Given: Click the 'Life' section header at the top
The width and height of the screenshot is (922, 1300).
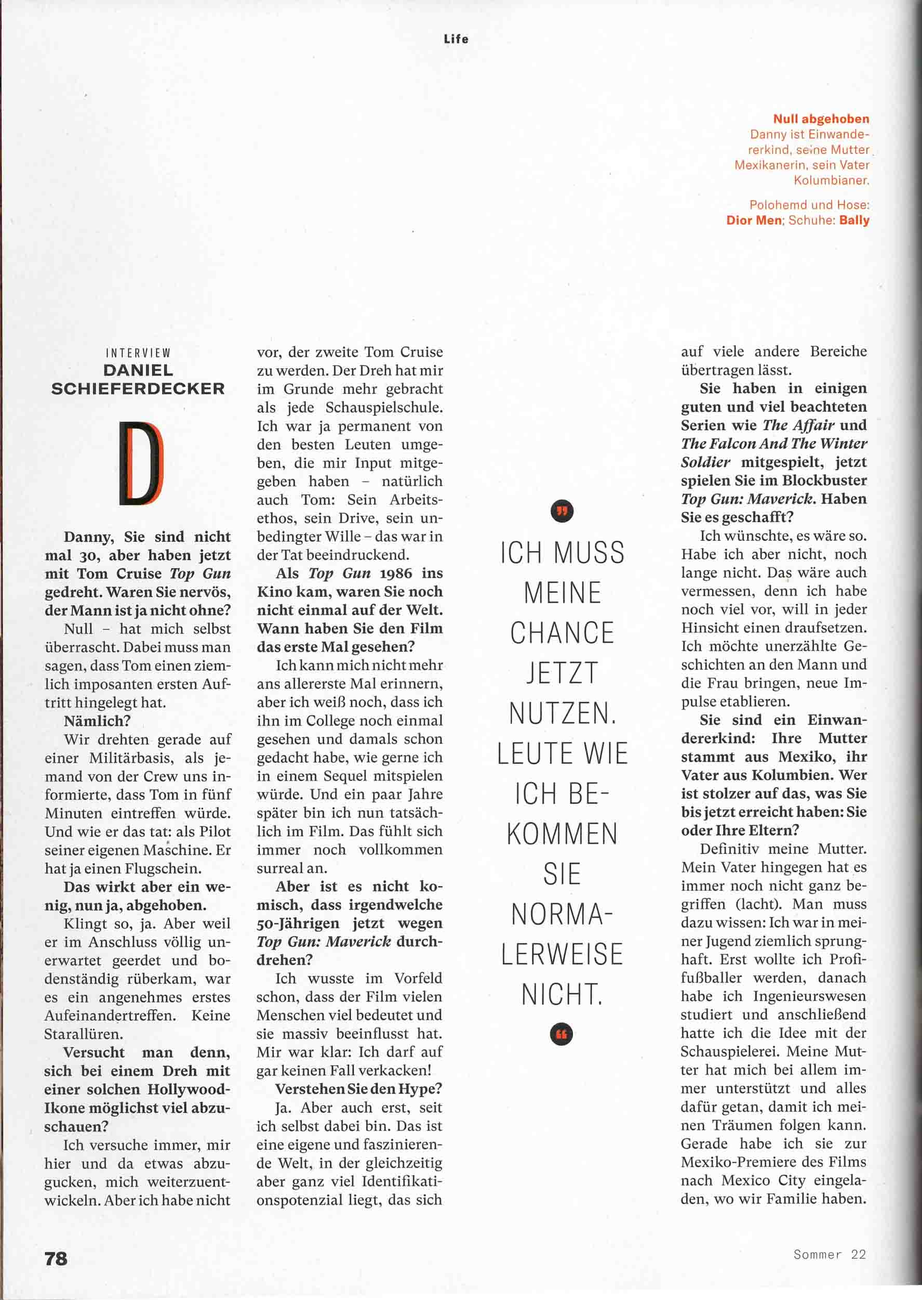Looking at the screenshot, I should click(x=456, y=39).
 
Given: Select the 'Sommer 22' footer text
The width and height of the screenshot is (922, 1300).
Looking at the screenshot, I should click(x=830, y=1254).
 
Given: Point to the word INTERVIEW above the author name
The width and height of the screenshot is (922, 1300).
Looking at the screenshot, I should click(x=138, y=354).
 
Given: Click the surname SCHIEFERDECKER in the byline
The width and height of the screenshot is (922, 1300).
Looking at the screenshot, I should click(x=138, y=388).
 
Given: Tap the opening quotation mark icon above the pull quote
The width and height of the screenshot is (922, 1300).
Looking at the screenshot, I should click(x=562, y=511).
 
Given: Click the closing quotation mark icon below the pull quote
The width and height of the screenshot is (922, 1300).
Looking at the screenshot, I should click(x=562, y=1034).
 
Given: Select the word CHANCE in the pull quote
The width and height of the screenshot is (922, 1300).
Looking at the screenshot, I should click(x=562, y=633).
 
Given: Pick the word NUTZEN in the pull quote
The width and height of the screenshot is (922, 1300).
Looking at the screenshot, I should click(x=562, y=713).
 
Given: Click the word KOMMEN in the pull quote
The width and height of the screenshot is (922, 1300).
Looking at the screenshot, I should click(x=562, y=834).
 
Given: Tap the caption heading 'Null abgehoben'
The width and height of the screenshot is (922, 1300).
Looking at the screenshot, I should click(x=821, y=119).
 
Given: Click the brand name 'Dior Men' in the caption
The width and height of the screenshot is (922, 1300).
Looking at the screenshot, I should click(x=754, y=220).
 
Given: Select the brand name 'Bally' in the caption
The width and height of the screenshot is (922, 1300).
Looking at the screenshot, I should click(x=854, y=220).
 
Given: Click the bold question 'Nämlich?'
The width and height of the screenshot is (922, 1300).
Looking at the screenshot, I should click(x=97, y=721).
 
